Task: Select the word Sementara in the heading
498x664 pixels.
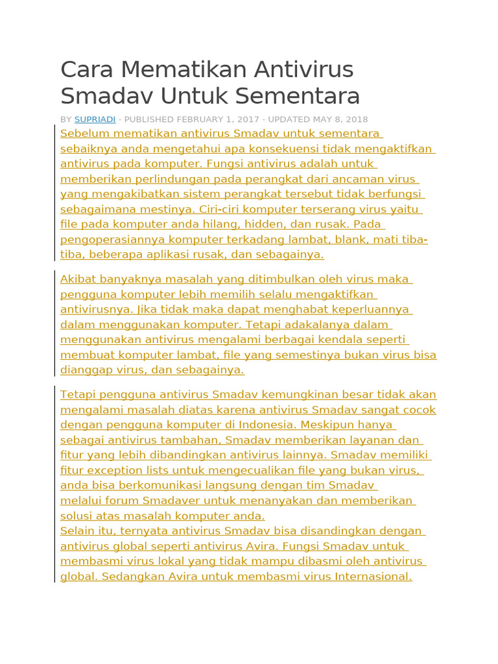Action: coord(297,97)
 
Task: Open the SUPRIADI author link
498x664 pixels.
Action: coord(95,119)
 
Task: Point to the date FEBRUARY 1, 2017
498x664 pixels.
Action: coord(219,119)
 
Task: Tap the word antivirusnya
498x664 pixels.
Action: coord(97,309)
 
